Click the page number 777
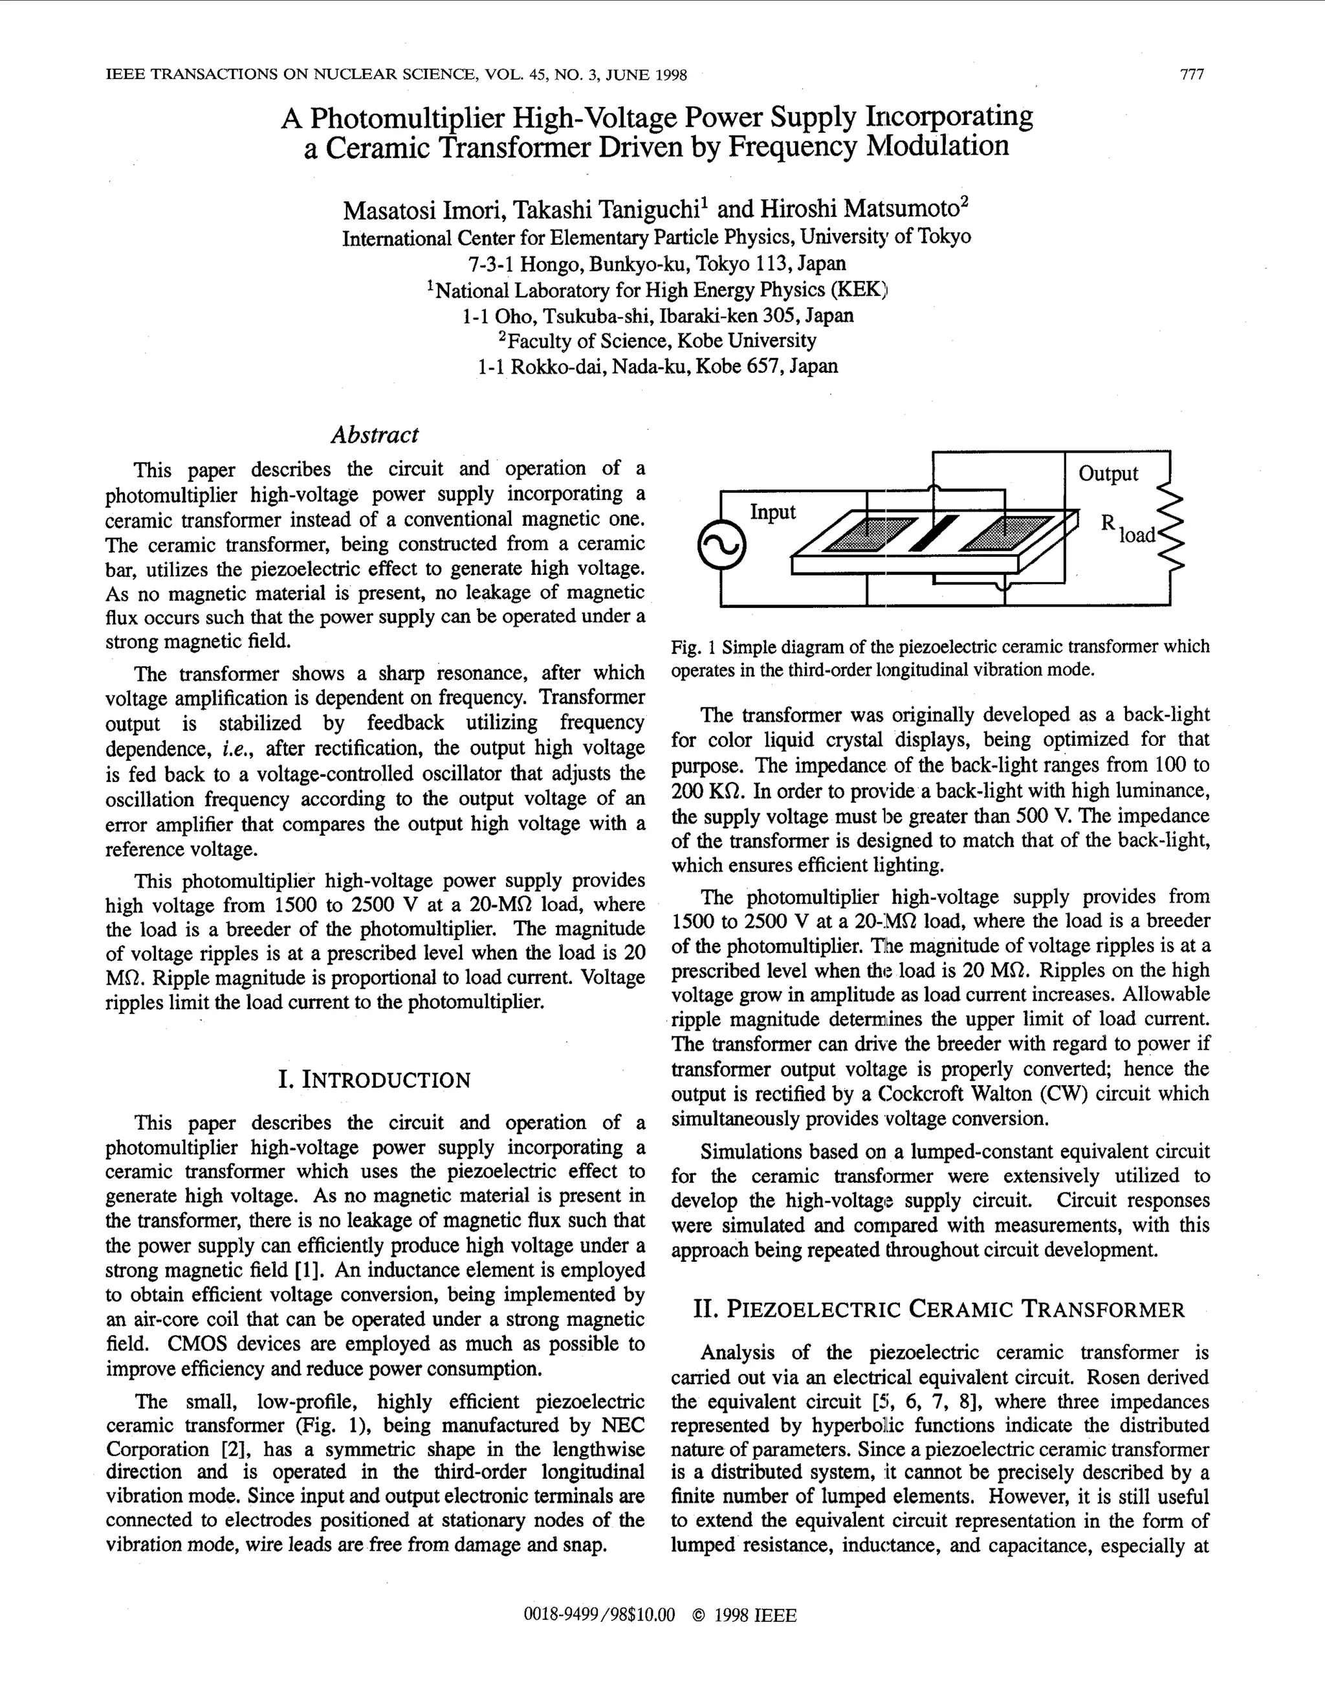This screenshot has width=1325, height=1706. point(1192,75)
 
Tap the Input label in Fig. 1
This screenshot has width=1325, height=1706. point(772,512)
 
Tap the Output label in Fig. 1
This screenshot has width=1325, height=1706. point(1108,473)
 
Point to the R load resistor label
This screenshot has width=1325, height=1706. point(1128,529)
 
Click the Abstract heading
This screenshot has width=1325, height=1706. point(375,434)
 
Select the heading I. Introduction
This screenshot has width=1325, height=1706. point(375,1081)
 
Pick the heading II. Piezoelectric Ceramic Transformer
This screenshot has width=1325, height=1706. point(939,1309)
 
